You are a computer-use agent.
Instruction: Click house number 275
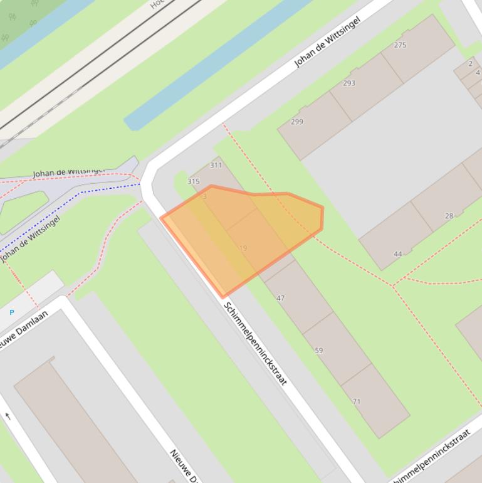point(400,45)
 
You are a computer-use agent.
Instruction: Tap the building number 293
point(349,83)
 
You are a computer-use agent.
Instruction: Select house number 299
point(297,122)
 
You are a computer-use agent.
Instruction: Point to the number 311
point(216,166)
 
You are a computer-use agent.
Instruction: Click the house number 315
point(194,181)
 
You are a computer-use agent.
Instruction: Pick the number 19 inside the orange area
point(243,248)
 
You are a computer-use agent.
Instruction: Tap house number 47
point(280,298)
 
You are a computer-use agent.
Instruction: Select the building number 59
point(318,351)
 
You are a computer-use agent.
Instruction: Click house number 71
point(357,401)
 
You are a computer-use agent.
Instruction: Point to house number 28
point(449,216)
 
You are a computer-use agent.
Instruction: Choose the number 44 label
point(398,254)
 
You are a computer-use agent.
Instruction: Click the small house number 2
point(470,64)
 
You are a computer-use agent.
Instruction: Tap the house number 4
point(478,73)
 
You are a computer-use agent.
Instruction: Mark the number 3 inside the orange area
point(204,196)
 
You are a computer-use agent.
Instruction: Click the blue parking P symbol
point(11,312)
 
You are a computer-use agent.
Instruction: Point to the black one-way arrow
point(8,416)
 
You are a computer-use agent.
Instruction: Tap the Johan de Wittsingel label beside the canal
point(327,42)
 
